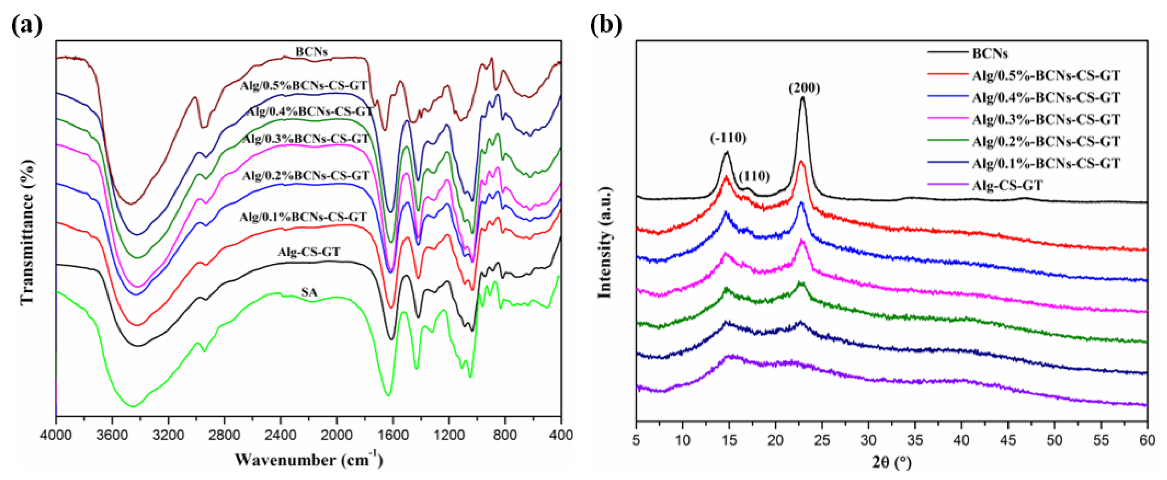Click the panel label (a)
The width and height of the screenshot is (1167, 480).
click(x=27, y=25)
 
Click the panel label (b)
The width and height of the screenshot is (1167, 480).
click(x=606, y=25)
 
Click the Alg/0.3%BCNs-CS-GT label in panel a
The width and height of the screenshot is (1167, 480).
click(x=306, y=139)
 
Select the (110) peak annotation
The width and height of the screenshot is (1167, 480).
click(x=754, y=176)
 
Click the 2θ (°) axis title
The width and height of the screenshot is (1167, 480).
click(x=891, y=462)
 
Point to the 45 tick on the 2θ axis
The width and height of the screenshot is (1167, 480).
click(x=1008, y=439)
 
